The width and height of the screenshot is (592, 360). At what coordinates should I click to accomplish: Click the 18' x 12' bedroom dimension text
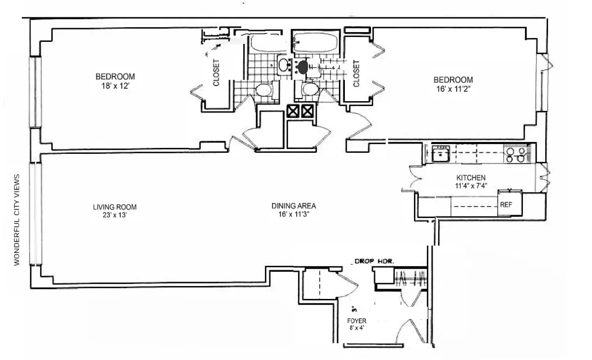(115, 85)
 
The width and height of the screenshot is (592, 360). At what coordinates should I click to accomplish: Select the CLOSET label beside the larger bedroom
(216, 73)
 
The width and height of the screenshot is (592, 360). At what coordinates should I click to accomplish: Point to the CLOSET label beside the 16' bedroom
(356, 74)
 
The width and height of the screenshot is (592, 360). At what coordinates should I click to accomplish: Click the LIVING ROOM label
(114, 207)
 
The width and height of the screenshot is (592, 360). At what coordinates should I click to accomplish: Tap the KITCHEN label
(471, 178)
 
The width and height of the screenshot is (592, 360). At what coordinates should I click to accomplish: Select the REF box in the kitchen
(506, 203)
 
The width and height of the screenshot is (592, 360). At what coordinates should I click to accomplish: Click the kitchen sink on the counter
(440, 153)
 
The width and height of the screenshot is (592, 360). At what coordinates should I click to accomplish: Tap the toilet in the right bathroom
(310, 90)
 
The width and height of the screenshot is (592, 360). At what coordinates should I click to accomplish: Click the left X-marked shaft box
(293, 111)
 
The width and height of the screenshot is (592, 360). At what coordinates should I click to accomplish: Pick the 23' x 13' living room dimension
(114, 215)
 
